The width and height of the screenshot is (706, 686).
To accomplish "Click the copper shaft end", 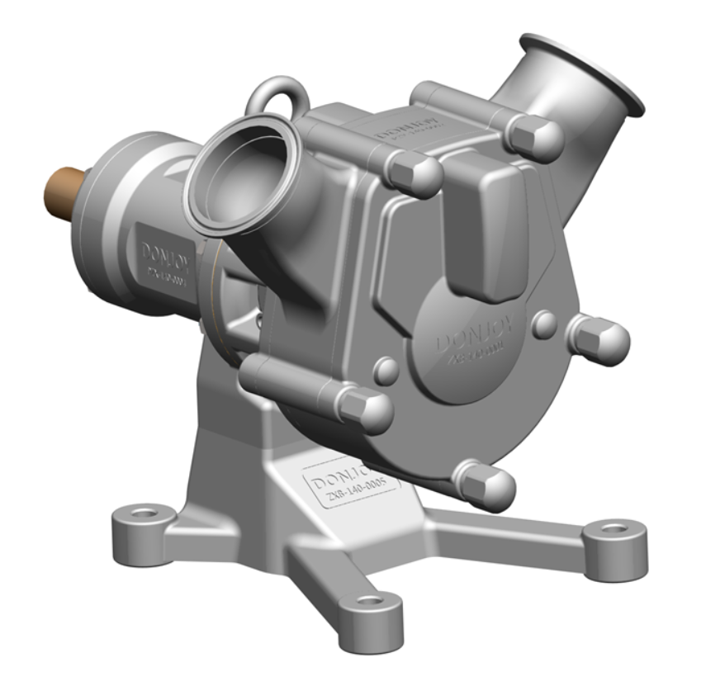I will (x=64, y=192).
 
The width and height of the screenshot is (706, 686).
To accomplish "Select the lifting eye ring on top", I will (x=278, y=97).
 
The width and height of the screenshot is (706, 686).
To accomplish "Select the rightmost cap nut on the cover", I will (x=600, y=339).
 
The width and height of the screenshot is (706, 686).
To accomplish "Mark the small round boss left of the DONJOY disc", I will (x=386, y=371).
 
